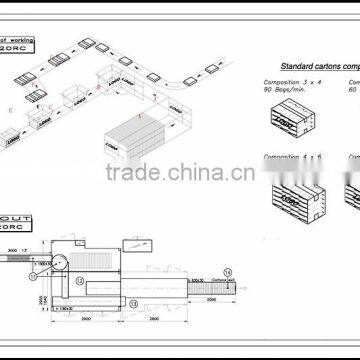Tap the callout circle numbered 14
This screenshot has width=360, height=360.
[226, 271]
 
